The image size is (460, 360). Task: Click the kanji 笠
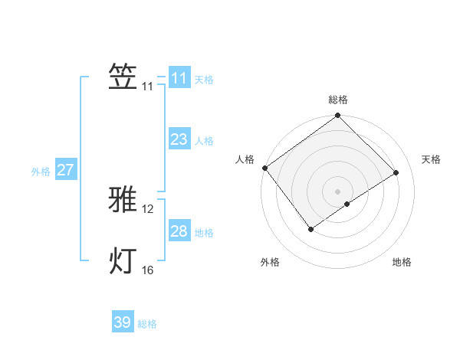point(123,77)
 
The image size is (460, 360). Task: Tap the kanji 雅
point(123,199)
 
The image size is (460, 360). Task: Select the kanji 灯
point(123,260)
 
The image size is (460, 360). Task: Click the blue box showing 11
point(179,78)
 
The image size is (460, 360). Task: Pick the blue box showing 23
point(179,139)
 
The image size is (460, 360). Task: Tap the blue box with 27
point(65,170)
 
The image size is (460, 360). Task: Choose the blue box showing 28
point(179,231)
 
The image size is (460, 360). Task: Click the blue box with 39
point(122,322)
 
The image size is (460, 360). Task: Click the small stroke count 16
point(148,270)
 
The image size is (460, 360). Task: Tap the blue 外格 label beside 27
point(41,172)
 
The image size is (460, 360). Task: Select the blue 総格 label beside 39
point(147,324)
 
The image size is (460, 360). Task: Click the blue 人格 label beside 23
point(204,141)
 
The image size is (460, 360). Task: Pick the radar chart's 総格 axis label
point(338,100)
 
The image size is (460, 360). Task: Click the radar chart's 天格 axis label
point(431,159)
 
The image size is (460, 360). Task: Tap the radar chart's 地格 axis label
point(402,262)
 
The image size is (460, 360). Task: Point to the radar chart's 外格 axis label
point(270,262)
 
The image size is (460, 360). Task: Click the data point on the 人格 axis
point(264,168)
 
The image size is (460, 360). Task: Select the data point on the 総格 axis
point(337,116)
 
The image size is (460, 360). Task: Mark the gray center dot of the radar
point(337,191)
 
